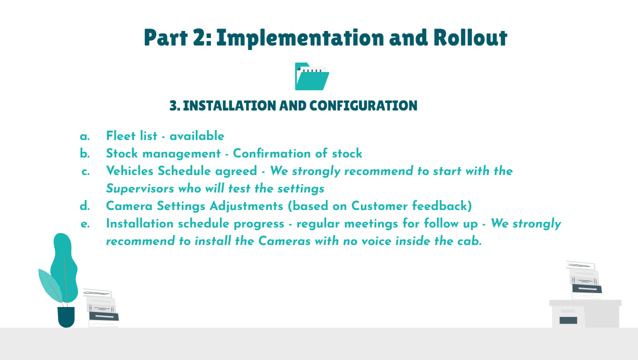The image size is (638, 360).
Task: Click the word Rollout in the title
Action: (x=470, y=37)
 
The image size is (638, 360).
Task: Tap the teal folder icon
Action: (x=312, y=76)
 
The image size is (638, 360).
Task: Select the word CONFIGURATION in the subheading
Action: (x=363, y=105)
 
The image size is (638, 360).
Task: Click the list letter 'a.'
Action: (x=85, y=136)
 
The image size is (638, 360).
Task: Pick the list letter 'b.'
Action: (x=85, y=153)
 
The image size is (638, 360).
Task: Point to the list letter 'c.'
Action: (x=86, y=171)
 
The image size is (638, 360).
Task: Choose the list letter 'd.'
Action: (x=85, y=206)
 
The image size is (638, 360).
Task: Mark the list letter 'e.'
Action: (x=85, y=224)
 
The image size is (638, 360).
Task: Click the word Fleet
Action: (x=120, y=135)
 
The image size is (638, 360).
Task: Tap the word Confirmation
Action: (x=272, y=153)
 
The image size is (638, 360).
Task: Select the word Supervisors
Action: (x=140, y=188)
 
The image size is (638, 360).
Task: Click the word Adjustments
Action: (x=246, y=206)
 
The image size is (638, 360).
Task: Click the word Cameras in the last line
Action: (x=284, y=241)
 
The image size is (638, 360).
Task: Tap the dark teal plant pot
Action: (x=66, y=317)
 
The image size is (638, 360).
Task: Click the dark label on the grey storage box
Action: (x=568, y=320)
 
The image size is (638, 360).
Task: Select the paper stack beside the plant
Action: (x=101, y=308)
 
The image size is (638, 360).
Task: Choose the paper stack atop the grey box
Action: (x=584, y=280)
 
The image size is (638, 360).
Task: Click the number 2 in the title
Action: (x=199, y=37)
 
